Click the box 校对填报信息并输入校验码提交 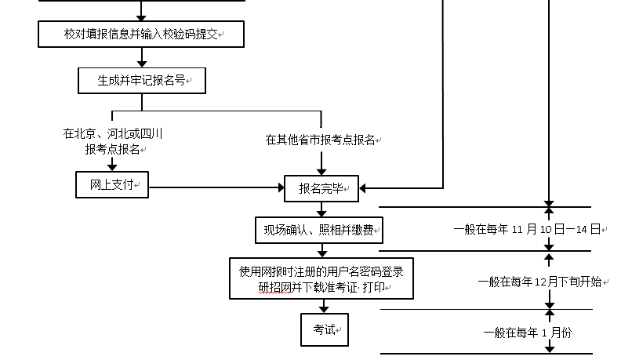[x=141, y=35]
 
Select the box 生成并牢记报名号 [x=141, y=80]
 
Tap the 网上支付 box [x=112, y=185]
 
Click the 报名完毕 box [x=321, y=188]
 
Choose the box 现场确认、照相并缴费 [x=321, y=231]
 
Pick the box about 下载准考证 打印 [x=321, y=279]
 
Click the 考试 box [x=324, y=329]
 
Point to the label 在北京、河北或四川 [x=113, y=134]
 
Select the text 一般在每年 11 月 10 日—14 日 [x=526, y=230]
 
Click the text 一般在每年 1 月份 [x=528, y=333]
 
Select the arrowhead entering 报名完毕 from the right [x=364, y=188]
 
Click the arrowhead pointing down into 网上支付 [x=112, y=166]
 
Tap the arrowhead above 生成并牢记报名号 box [x=142, y=62]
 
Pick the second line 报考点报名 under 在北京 [x=113, y=149]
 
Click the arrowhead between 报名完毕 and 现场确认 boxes [x=321, y=212]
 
